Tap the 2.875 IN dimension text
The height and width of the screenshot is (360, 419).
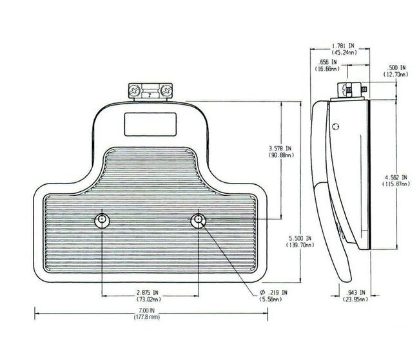[x=147, y=293]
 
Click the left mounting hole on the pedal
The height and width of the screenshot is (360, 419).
[x=101, y=221]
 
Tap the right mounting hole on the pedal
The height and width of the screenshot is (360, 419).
[x=197, y=221]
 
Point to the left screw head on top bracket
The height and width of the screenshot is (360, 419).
[x=137, y=91]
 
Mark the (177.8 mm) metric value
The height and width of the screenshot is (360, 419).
[x=147, y=318]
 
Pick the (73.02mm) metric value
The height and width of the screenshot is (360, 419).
[x=147, y=300]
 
